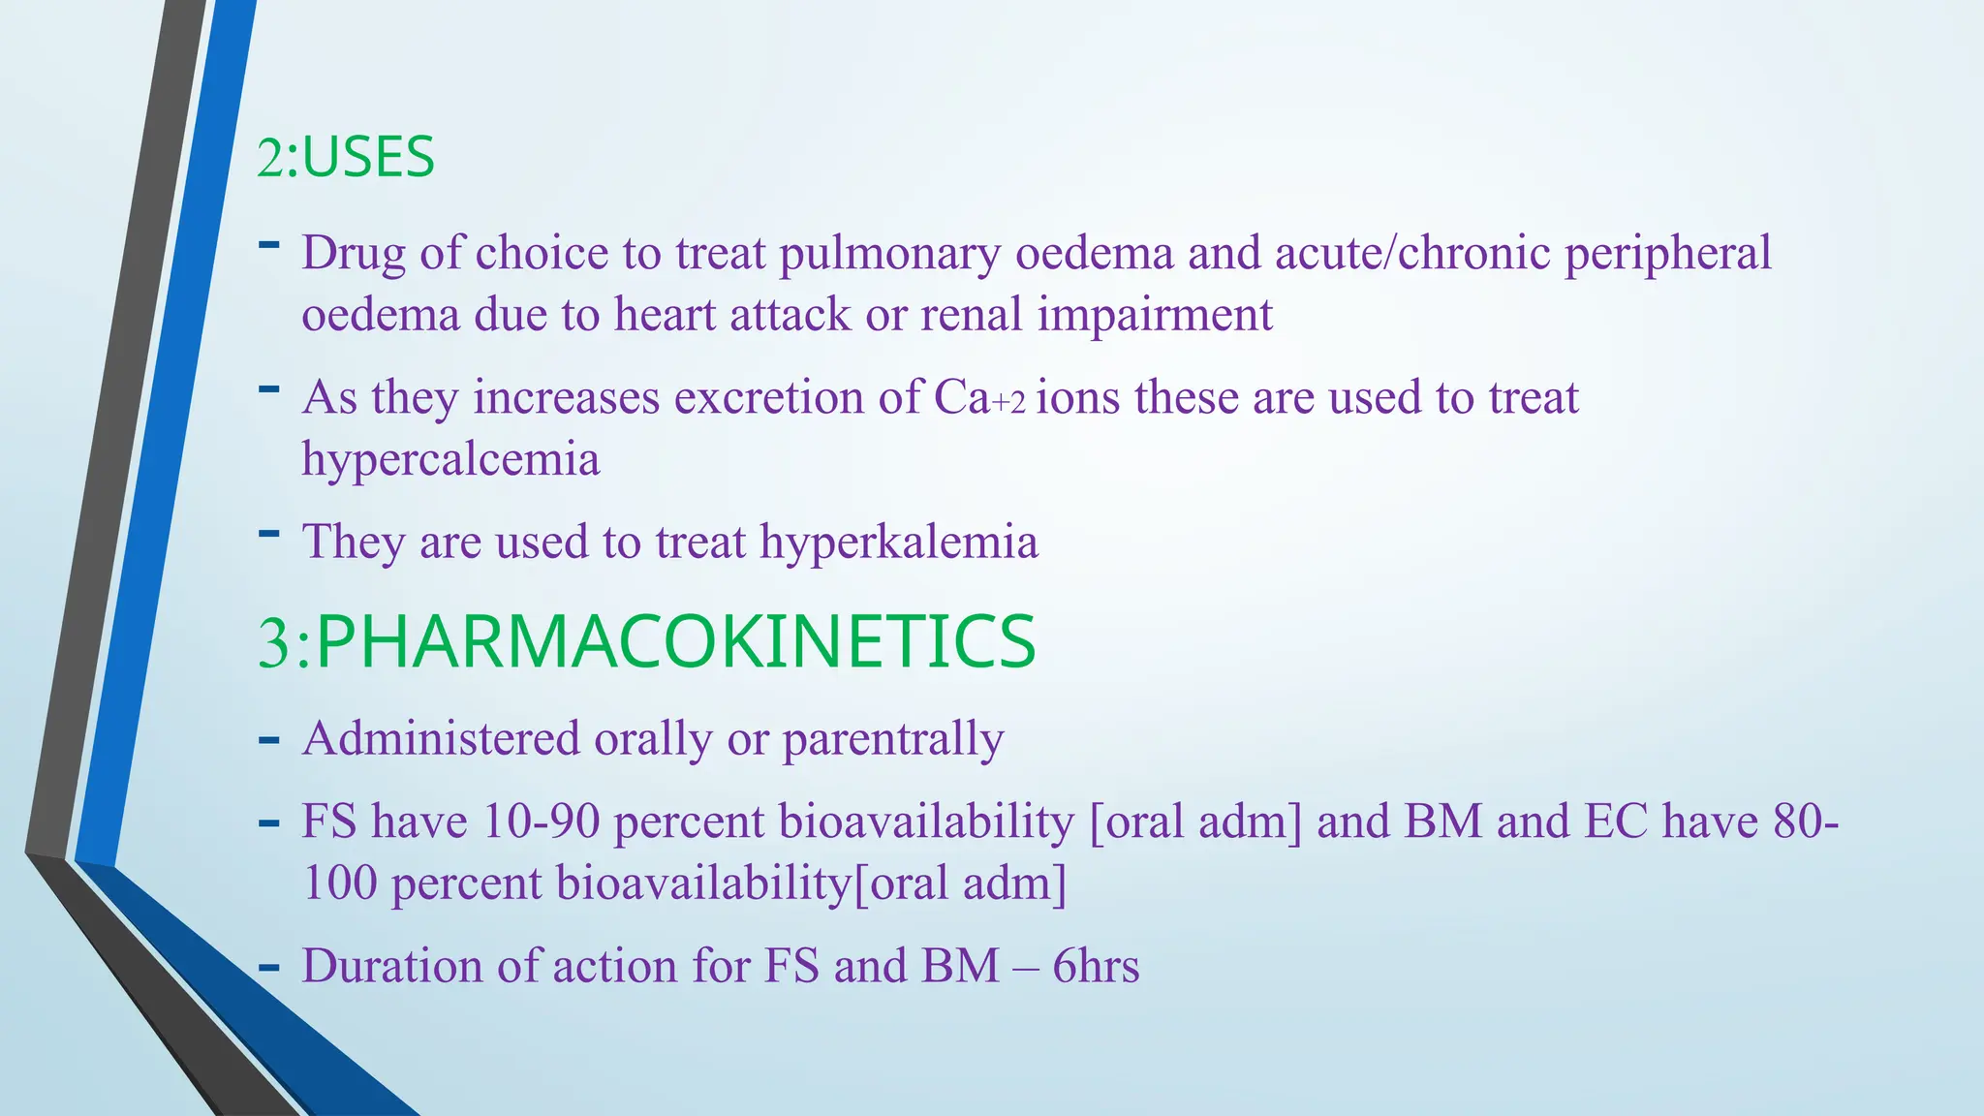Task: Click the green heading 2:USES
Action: [346, 158]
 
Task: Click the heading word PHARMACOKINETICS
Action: [675, 642]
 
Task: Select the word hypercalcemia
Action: [450, 458]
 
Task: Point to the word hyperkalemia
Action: [899, 541]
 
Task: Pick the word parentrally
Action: [893, 739]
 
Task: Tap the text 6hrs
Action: [1096, 966]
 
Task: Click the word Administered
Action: [441, 738]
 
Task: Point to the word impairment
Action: [1155, 315]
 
